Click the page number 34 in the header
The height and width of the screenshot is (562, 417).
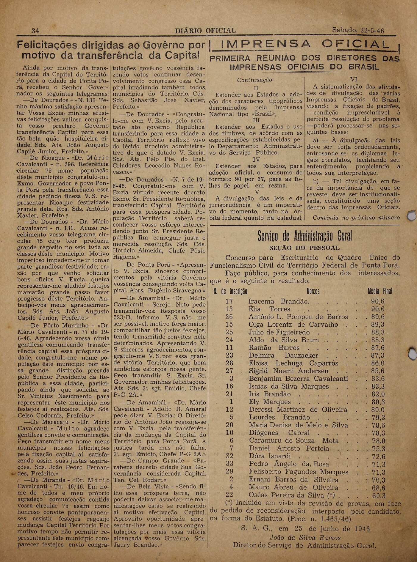point(35,31)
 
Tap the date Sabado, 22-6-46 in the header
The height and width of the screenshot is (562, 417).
point(358,30)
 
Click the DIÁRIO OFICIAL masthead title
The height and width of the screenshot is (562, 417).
point(205,31)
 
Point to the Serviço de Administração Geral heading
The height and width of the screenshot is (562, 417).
point(304,236)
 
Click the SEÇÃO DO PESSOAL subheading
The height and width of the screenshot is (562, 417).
point(304,248)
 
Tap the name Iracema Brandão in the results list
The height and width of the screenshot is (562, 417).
point(279,301)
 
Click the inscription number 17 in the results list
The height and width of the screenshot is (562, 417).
point(229,301)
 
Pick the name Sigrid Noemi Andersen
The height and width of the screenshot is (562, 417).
point(288,371)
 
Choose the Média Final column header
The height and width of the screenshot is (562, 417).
point(380,291)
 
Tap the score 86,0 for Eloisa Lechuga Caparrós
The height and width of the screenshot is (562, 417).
point(378,363)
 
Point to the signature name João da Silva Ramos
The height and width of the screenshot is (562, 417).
point(305,538)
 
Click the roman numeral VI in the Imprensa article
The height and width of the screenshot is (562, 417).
point(354,79)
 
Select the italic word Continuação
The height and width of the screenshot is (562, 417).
point(254,80)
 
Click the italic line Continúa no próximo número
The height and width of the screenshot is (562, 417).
point(356,218)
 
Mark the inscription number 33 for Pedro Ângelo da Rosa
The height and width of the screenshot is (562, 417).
point(229,464)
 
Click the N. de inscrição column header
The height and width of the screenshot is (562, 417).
point(230,291)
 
